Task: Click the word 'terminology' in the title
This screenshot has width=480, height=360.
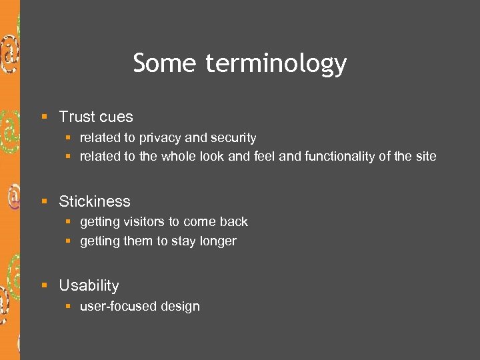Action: [276, 64]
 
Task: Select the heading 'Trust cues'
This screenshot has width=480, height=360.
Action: [96, 117]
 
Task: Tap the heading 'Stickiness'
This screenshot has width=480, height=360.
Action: [95, 201]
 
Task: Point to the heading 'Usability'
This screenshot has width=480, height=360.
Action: [89, 285]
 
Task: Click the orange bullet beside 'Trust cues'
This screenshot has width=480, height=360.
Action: [45, 117]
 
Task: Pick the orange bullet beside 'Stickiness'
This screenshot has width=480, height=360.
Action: [45, 202]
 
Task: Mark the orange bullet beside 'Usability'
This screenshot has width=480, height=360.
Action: [45, 286]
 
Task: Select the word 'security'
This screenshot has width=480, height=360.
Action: [233, 138]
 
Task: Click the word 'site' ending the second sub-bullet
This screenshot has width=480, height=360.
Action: [426, 157]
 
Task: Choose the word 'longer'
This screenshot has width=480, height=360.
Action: [217, 241]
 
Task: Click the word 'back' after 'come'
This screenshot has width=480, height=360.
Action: [234, 222]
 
